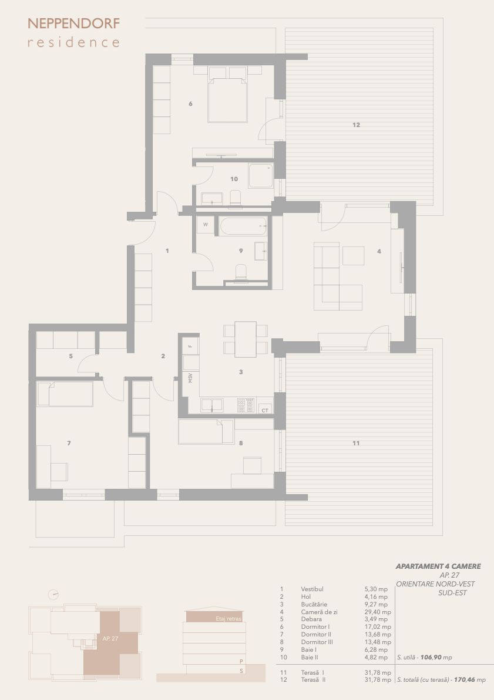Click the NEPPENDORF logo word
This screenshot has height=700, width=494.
73,23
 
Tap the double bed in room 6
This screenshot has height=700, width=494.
227,95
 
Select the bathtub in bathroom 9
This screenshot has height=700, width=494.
243,226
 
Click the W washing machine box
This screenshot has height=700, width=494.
206,225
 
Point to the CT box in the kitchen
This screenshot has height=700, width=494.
266,410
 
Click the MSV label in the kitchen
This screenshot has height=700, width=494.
190,378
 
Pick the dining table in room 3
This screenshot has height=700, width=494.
246,339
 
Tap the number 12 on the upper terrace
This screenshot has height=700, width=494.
356,125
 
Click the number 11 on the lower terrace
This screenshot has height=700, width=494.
356,444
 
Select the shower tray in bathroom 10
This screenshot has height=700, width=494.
261,176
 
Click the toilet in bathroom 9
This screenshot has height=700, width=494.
241,273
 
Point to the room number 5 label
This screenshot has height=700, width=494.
71,356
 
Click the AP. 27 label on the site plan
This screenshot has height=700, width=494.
110,639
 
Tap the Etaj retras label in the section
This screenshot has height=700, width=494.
228,619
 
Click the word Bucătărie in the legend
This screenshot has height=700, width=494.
314,605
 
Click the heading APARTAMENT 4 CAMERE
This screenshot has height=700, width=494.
438,566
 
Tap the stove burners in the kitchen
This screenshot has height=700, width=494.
246,405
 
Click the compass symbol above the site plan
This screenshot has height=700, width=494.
53,595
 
